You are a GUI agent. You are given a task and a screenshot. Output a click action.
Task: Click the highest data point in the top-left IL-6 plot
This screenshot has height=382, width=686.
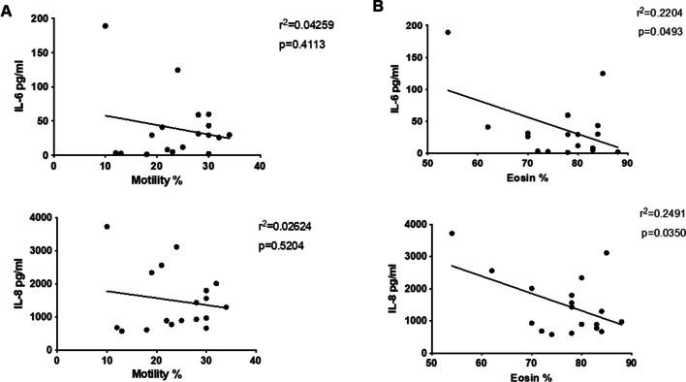pos(105,26)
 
